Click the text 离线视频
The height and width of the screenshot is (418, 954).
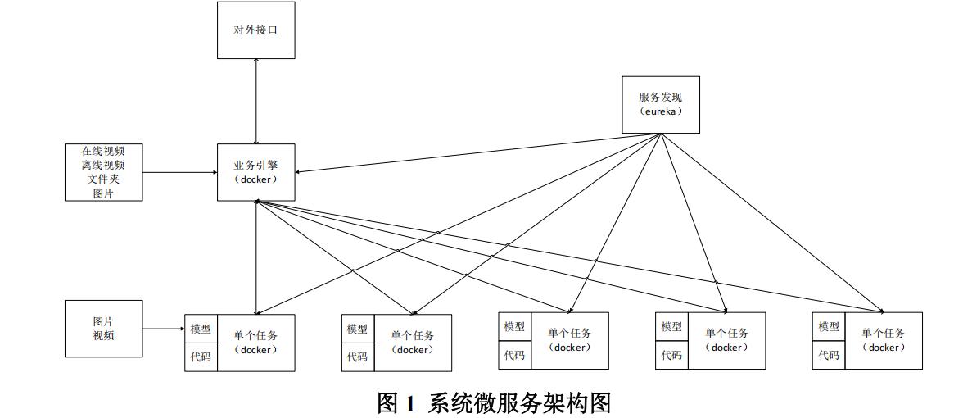[x=103, y=165]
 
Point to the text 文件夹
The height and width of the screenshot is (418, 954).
[x=103, y=179]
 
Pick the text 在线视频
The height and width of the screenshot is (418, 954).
[x=103, y=151]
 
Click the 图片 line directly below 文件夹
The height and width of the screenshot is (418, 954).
[x=103, y=193]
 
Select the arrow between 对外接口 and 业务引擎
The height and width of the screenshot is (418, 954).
[x=256, y=101]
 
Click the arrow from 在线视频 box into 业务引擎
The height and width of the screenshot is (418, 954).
[x=180, y=172]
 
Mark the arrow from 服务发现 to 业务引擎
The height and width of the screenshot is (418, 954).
[x=477, y=153]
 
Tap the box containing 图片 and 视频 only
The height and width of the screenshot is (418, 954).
[x=103, y=329]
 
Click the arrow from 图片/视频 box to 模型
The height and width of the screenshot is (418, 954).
[x=164, y=329]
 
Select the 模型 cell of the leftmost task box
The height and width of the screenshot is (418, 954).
[x=201, y=329]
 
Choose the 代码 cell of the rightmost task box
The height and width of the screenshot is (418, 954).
[x=829, y=355]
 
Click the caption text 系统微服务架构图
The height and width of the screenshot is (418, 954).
[x=520, y=403]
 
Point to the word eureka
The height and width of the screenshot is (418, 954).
[x=661, y=111]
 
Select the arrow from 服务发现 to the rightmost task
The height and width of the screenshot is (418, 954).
[x=772, y=224]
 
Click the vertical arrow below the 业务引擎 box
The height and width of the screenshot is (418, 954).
[x=256, y=257]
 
